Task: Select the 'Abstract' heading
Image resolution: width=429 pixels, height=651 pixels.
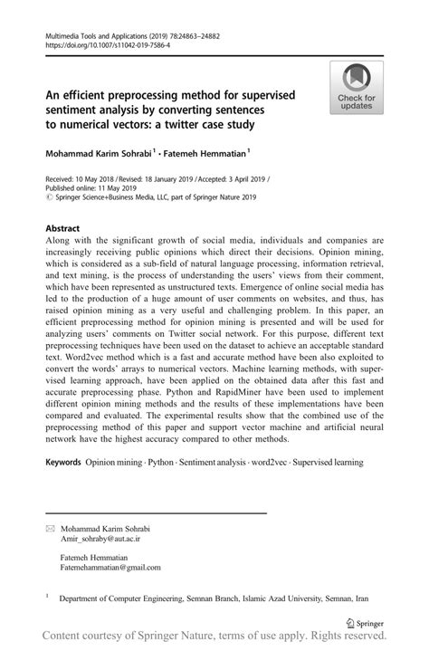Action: click(62, 229)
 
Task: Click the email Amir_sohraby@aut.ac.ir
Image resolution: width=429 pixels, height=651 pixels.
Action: click(100, 538)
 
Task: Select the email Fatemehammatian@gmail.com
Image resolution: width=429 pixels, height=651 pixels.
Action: click(110, 568)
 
